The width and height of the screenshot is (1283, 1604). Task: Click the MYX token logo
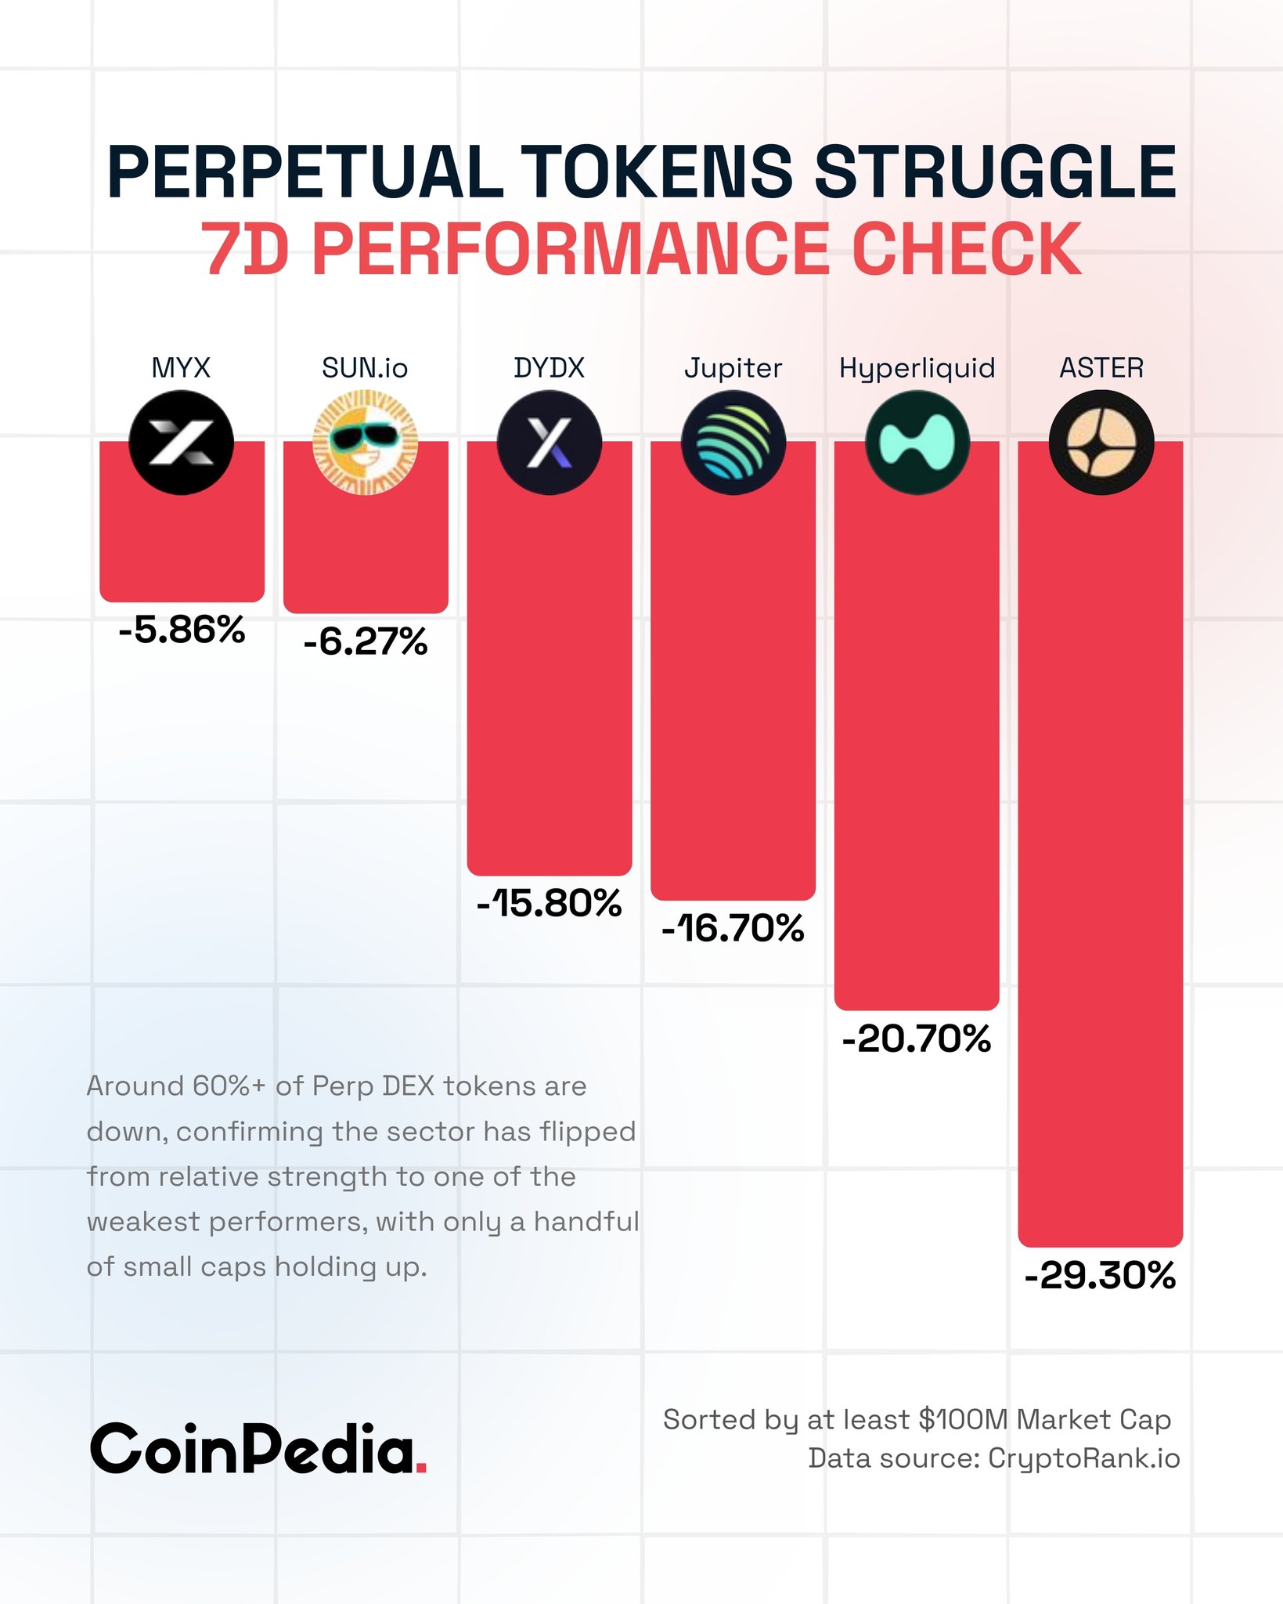point(181,443)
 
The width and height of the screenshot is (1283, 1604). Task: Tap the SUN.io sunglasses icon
point(365,443)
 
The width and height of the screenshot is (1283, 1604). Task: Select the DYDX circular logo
point(549,443)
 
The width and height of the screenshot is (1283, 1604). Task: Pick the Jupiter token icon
point(733,443)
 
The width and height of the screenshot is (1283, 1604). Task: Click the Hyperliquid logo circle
point(917,443)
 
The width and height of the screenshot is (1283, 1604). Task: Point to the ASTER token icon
point(1101,443)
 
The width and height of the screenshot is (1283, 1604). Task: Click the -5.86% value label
point(182,630)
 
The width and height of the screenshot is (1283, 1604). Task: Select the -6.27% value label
point(366,641)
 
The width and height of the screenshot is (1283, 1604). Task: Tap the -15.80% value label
point(549,903)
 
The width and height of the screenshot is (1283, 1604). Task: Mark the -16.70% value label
point(733,928)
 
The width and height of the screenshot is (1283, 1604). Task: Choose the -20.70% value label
point(917,1039)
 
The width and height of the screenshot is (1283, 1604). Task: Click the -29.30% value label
point(1100,1275)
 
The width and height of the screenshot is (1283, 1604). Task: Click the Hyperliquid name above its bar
point(917,368)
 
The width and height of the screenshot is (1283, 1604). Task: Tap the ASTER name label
point(1101,367)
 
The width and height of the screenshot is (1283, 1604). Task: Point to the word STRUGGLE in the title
point(995,172)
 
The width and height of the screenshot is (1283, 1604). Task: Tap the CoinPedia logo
point(258,1449)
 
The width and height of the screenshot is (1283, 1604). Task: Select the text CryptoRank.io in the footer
point(1083,1458)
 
